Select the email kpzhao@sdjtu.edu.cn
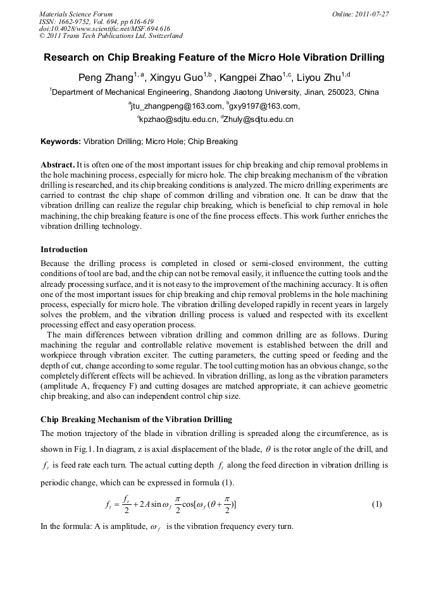coord(178,119)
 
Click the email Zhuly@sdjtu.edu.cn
coord(260,119)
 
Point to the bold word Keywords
coord(60,142)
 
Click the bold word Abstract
coord(58,164)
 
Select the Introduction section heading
coord(64,250)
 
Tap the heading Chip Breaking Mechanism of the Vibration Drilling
coord(136,420)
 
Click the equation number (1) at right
coord(377,504)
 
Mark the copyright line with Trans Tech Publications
coord(111,36)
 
